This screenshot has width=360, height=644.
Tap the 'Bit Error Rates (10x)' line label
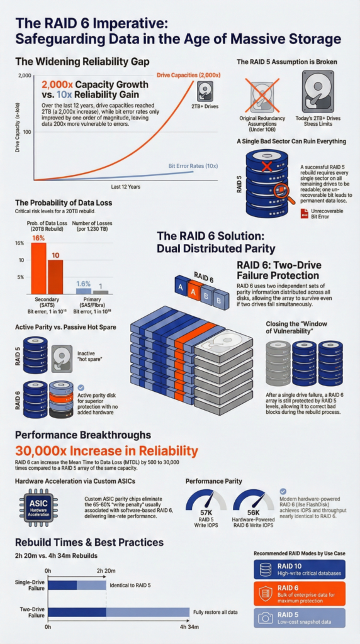[193, 166]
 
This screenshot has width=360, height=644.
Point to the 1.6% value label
[84, 283]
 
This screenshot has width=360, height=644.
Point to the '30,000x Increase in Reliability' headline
[106, 451]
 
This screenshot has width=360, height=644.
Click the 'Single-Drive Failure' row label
[30, 585]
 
